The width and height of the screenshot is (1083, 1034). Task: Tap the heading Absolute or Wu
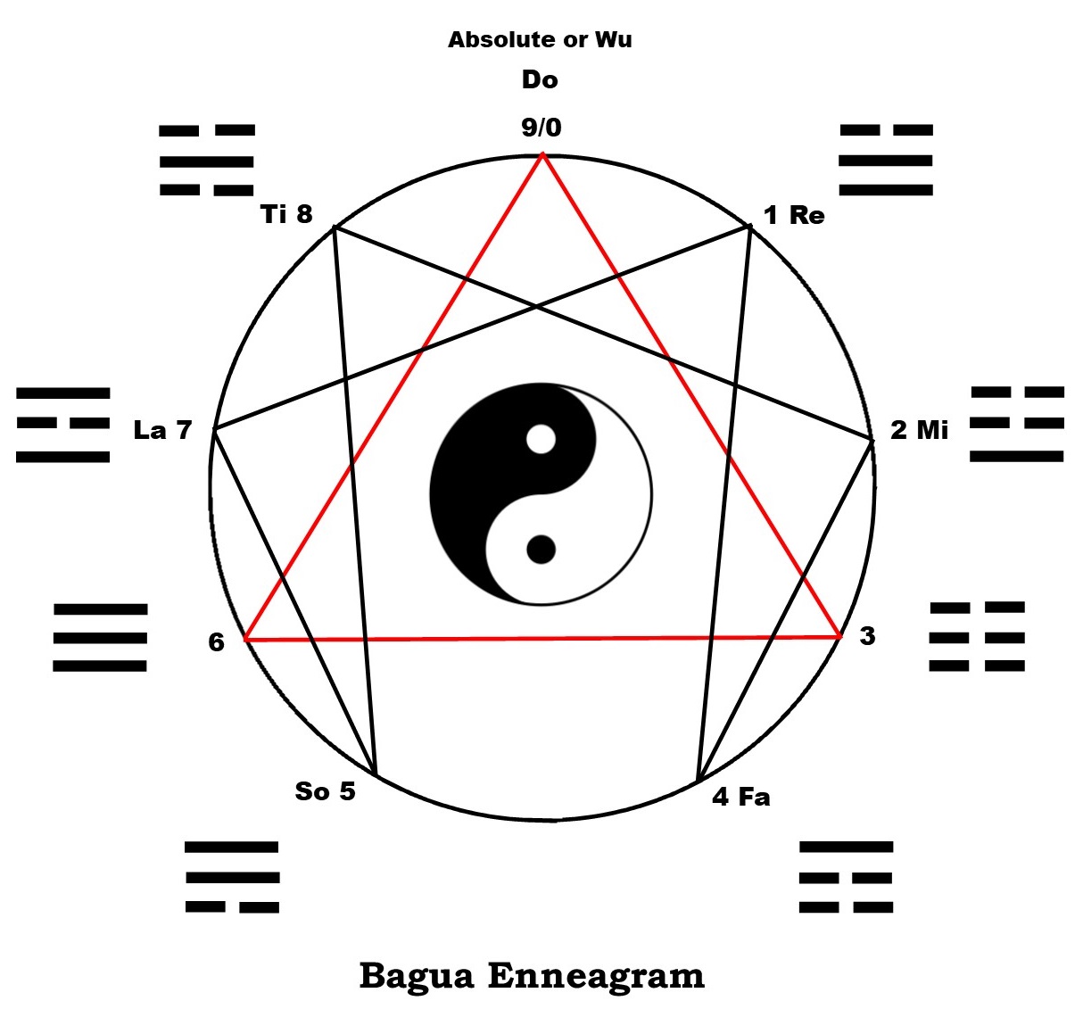[x=540, y=39]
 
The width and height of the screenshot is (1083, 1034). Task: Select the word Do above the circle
[x=540, y=80]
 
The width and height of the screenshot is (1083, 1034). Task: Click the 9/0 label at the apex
[x=541, y=128]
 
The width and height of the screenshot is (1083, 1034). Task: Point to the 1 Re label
[x=794, y=215]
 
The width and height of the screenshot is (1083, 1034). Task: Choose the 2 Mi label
[x=919, y=430]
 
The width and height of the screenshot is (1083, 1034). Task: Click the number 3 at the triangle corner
[x=867, y=636]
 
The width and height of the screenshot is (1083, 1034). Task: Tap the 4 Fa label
[x=740, y=797]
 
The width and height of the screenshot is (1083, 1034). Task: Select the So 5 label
[x=325, y=790]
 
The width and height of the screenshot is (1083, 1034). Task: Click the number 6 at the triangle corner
[x=216, y=642]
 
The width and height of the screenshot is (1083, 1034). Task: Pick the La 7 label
[x=162, y=430]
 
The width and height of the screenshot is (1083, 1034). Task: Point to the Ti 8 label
[x=286, y=214]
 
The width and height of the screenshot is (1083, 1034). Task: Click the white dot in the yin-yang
[x=541, y=439]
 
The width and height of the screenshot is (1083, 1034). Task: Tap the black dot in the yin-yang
[x=541, y=550]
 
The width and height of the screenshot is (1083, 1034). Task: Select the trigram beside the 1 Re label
[x=886, y=161]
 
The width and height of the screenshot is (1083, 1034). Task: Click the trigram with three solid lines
[x=100, y=637]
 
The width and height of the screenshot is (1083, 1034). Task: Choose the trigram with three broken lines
[x=977, y=636]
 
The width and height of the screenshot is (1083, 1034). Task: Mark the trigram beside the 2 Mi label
[x=1017, y=424]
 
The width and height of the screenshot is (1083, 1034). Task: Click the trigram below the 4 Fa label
[x=846, y=877]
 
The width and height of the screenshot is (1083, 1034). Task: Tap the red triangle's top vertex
[x=542, y=153]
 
